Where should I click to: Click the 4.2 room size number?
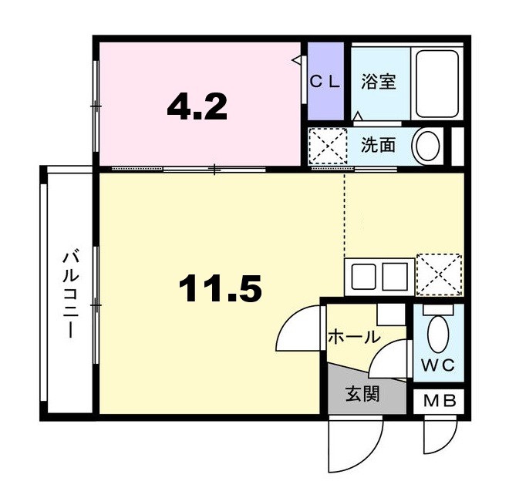pos(197,106)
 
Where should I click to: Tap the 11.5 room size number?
pos(220,288)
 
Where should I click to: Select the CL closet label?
pos(325,82)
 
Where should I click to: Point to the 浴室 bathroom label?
pos(379,82)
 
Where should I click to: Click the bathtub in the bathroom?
pos(437,84)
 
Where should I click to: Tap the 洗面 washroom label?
pos(379,145)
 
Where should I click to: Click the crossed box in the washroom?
pos(328,146)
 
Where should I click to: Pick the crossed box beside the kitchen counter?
pos(440,274)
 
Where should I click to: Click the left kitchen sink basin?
pos(364,277)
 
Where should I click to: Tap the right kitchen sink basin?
pos(395,277)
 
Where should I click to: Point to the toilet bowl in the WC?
pos(438,334)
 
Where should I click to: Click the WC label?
pos(437,366)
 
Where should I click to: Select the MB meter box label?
pos(440,402)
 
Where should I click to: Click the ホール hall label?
pos(354,337)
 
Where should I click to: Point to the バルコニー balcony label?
pos(71,295)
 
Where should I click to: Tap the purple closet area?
pos(325,81)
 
